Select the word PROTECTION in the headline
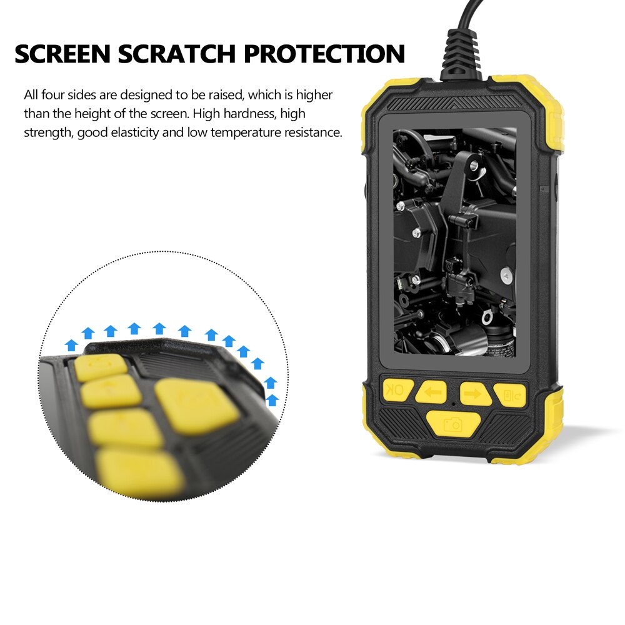pos(324,54)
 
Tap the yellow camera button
pos(453,425)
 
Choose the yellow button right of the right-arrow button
pos(510,394)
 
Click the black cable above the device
pos(468,16)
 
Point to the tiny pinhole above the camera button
pos(454,405)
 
